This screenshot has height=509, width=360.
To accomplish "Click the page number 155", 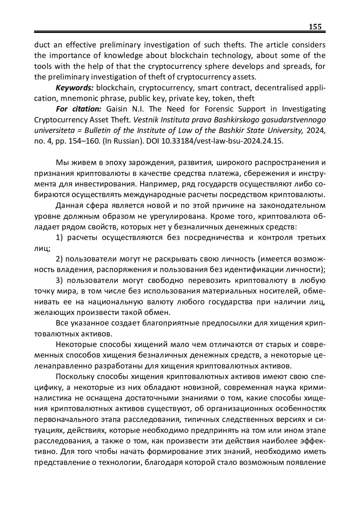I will [315, 27].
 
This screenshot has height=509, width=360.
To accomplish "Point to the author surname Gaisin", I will [118, 109].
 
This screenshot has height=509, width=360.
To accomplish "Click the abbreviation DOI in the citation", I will [153, 141].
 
